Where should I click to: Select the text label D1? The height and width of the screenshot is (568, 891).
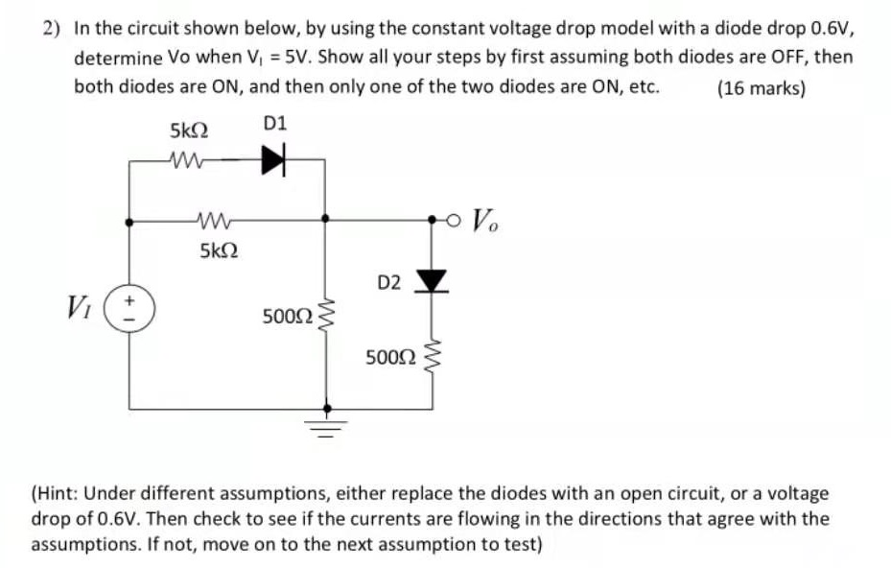(274, 125)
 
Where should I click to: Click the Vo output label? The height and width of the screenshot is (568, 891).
(486, 224)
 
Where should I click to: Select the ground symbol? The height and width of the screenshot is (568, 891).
(326, 422)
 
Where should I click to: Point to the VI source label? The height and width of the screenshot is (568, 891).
(79, 309)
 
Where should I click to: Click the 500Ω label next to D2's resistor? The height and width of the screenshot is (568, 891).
(390, 359)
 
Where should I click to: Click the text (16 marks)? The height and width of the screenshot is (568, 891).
(762, 88)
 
